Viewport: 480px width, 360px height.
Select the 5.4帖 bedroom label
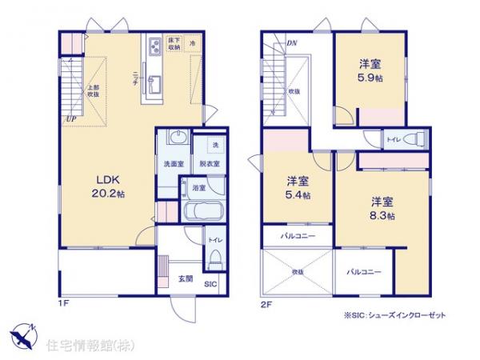click(298, 187)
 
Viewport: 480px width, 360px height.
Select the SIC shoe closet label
click(210, 282)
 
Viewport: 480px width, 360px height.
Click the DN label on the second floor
click(291, 42)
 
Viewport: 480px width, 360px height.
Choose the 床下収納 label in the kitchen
click(174, 43)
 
